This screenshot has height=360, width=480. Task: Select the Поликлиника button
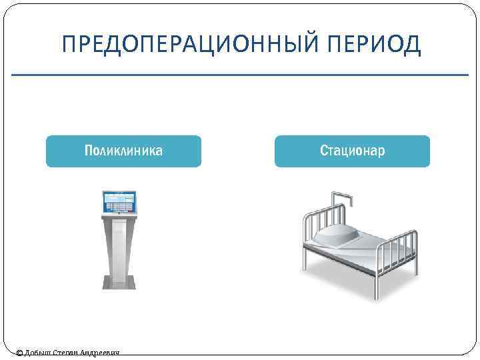coord(123,151)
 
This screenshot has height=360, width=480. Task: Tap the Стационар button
coord(352,151)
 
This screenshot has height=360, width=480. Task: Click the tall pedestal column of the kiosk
coord(119,247)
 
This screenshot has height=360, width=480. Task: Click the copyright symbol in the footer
coord(19,353)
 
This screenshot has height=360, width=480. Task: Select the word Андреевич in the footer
coord(100,353)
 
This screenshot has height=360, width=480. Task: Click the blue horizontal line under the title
coord(240,75)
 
